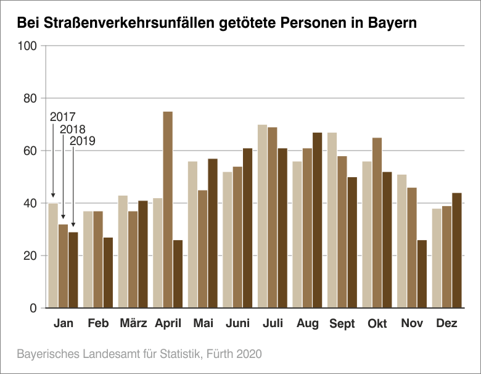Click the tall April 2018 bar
coord(168,210)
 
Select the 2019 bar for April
coord(178,274)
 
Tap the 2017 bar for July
coord(262,216)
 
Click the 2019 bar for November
coord(422,274)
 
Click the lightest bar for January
coord(53,256)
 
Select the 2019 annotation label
coord(83,141)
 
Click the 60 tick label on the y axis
coord(30,151)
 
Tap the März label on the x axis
coord(133,323)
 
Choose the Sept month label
coord(342,324)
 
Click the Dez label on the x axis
coord(446,323)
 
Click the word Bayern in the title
coord(393,23)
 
